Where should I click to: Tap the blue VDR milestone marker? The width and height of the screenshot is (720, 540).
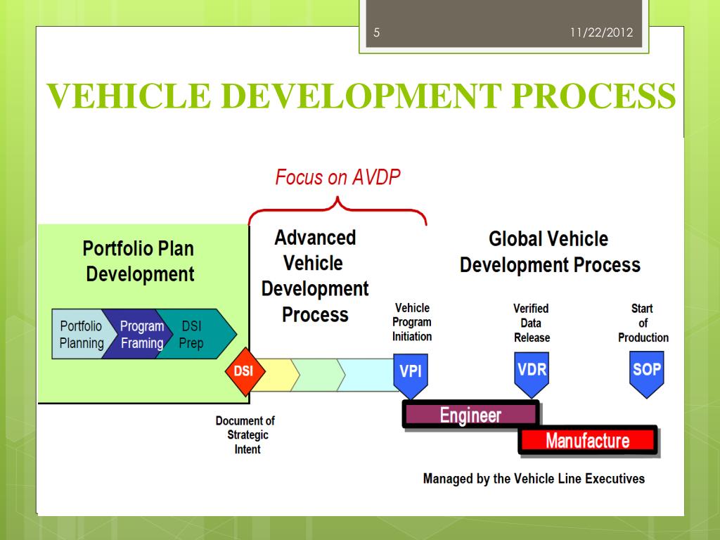pyautogui.click(x=532, y=371)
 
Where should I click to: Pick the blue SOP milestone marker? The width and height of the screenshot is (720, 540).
pyautogui.click(x=646, y=371)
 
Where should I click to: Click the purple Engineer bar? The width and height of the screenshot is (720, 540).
pyautogui.click(x=470, y=415)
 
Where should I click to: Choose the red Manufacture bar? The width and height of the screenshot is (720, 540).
pyautogui.click(x=587, y=441)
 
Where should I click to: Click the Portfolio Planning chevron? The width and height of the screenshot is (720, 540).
pyautogui.click(x=78, y=335)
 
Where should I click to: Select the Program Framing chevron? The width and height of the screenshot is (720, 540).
pyautogui.click(x=139, y=335)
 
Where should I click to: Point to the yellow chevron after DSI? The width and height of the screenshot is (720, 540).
pyautogui.click(x=271, y=374)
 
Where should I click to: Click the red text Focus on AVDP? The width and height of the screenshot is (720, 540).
pyautogui.click(x=337, y=177)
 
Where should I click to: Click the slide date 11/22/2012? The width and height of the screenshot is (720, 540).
pyautogui.click(x=600, y=32)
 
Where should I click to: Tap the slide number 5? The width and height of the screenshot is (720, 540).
pyautogui.click(x=376, y=32)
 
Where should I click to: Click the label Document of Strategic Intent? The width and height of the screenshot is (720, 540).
pyautogui.click(x=245, y=435)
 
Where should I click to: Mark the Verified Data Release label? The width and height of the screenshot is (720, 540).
pyautogui.click(x=532, y=323)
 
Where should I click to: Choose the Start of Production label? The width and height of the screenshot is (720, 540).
pyautogui.click(x=643, y=323)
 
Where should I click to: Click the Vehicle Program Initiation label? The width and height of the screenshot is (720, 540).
pyautogui.click(x=412, y=322)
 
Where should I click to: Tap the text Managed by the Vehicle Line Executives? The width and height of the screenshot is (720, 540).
pyautogui.click(x=534, y=479)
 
